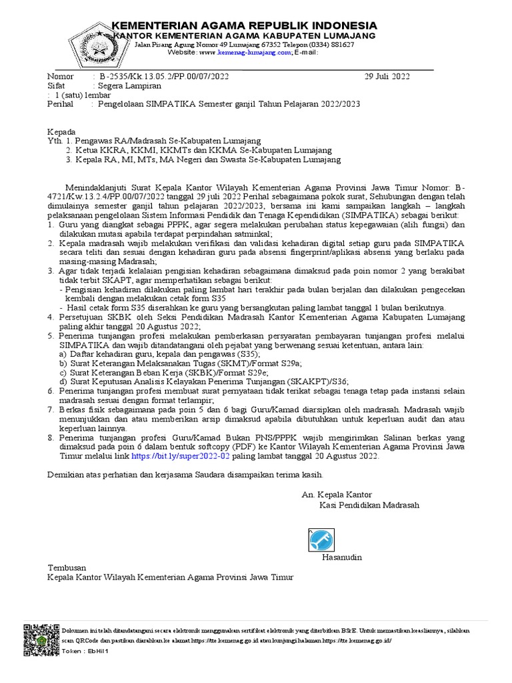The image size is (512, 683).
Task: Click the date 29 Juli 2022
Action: click(387, 77)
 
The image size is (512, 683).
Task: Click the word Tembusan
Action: click(68, 567)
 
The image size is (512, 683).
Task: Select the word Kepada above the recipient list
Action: click(61, 131)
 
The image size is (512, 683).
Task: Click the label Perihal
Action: click(62, 105)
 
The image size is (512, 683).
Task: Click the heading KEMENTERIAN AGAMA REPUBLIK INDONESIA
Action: click(243, 25)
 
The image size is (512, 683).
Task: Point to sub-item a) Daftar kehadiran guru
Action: click(160, 356)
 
